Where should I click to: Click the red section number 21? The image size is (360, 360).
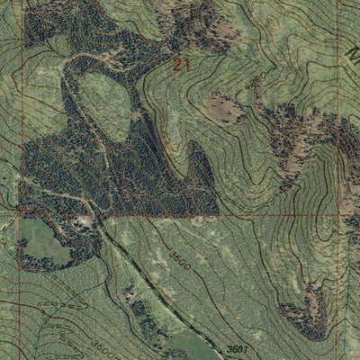pos(184,65)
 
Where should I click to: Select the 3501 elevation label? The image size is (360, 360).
pos(237,348)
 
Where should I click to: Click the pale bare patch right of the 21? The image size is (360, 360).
pos(226,107)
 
